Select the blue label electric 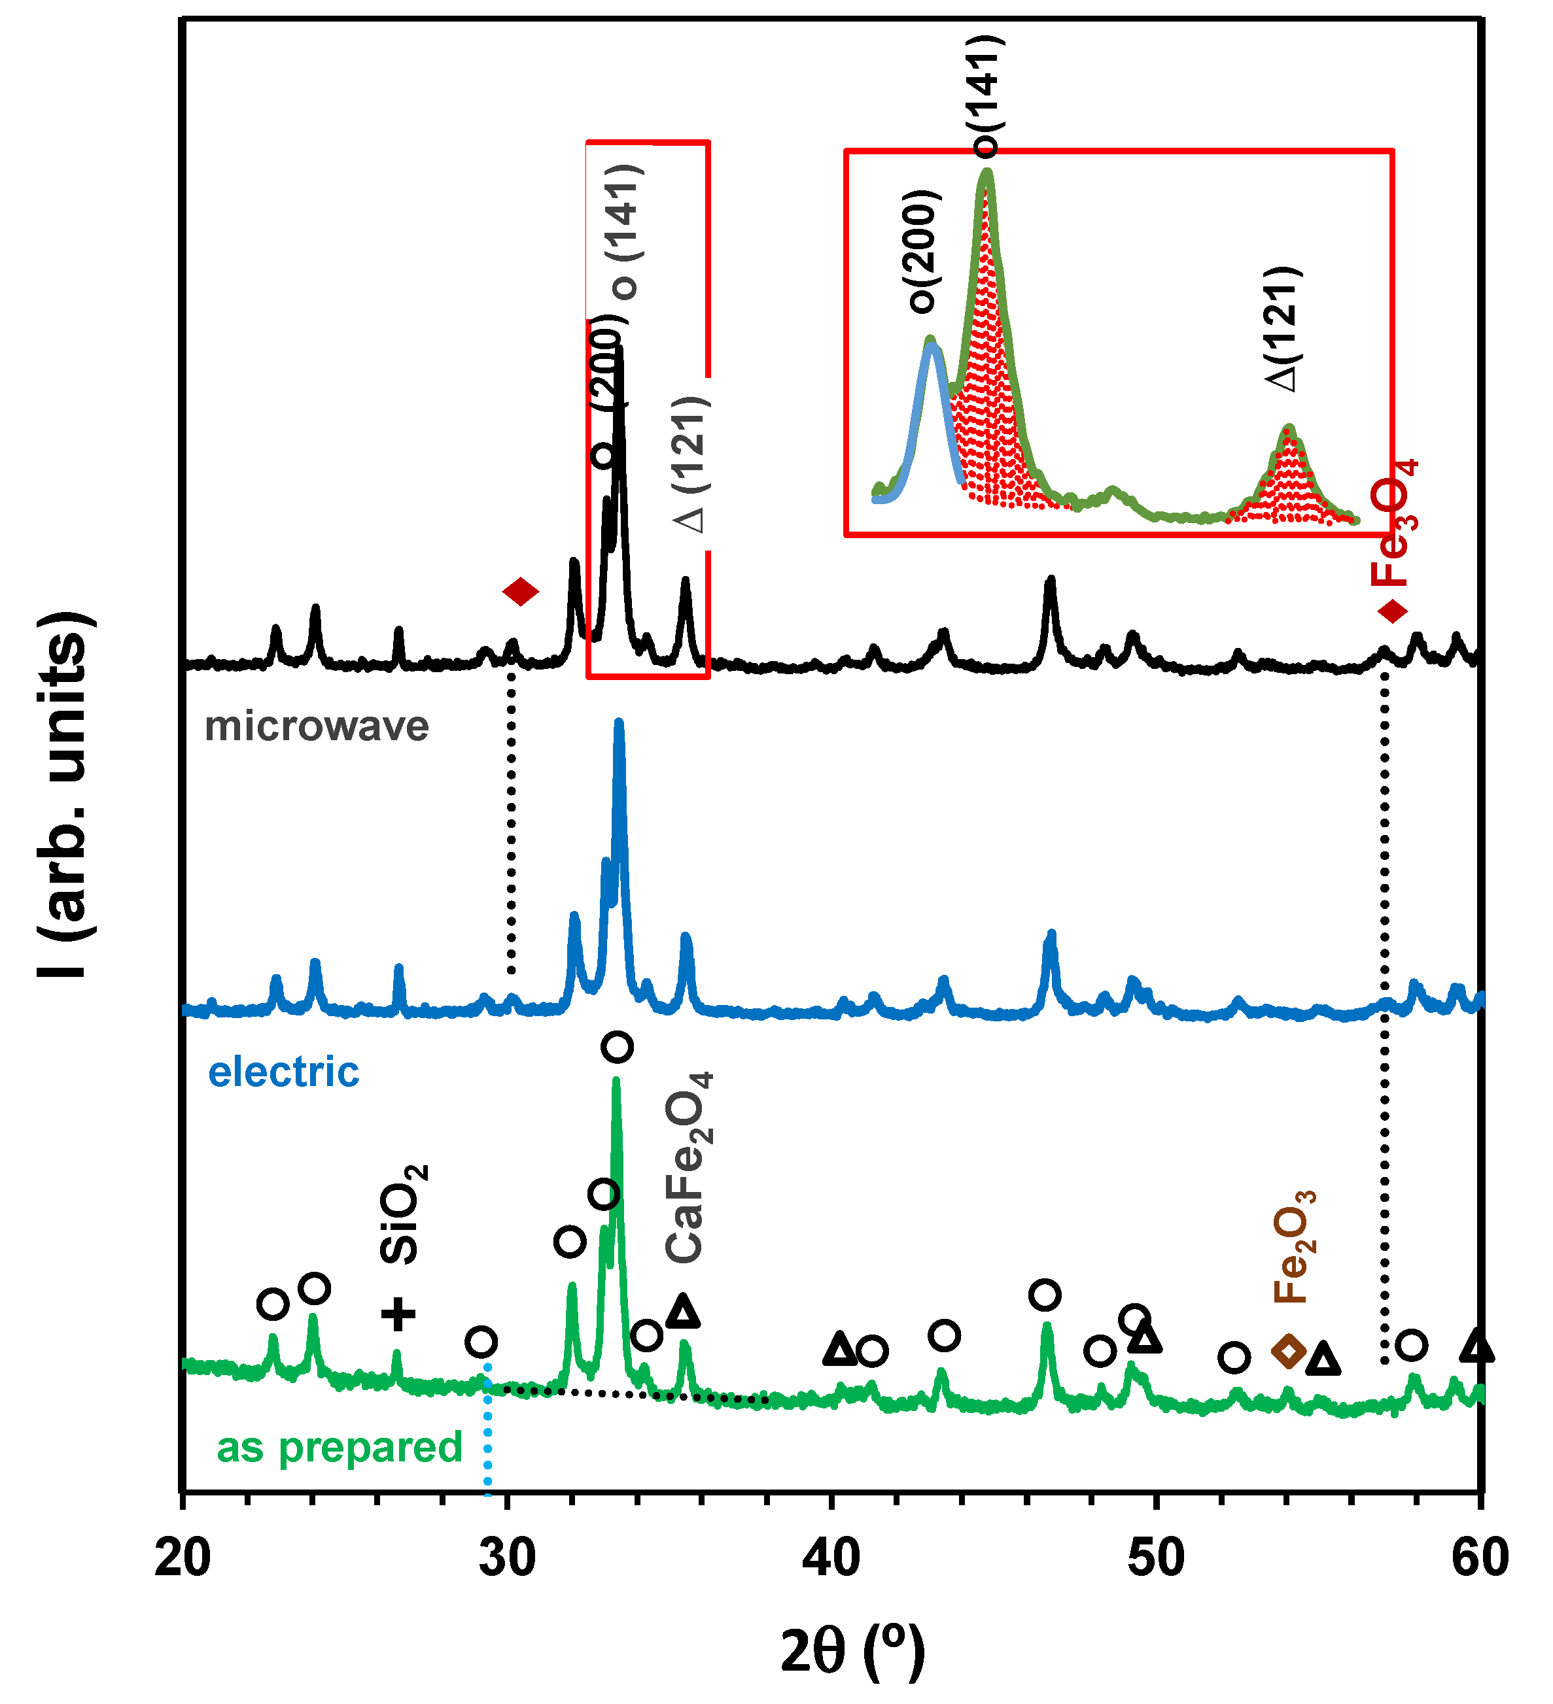click(x=283, y=1072)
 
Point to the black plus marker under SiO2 click(x=398, y=1314)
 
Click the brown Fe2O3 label click(x=1293, y=1247)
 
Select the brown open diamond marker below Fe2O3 click(x=1289, y=1352)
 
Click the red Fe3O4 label click(x=1393, y=524)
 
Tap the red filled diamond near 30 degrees click(x=520, y=592)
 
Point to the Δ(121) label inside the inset click(x=1283, y=329)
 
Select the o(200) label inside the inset click(x=922, y=251)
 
